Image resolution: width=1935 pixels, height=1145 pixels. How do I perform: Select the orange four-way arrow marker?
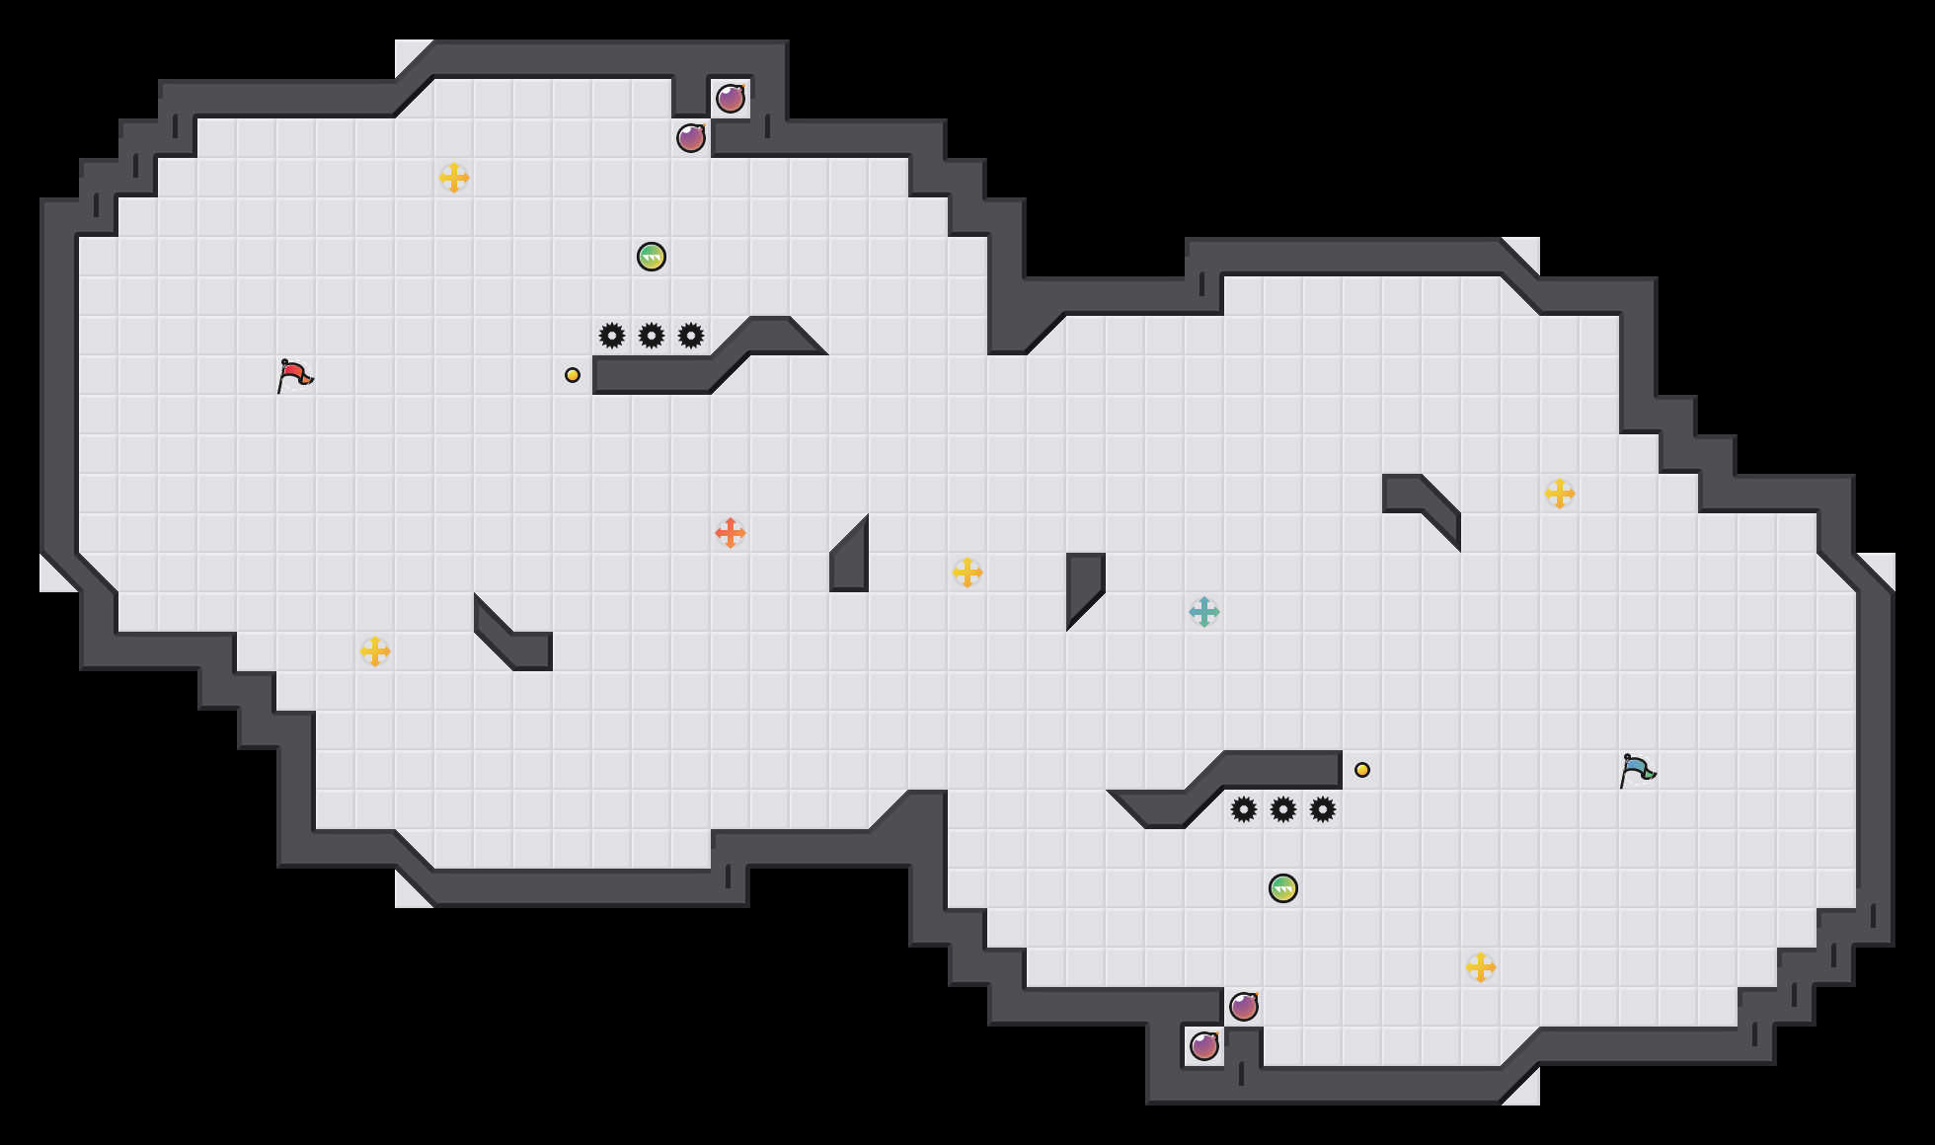[x=731, y=533]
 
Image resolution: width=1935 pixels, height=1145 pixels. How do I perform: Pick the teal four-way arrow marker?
[x=1204, y=612]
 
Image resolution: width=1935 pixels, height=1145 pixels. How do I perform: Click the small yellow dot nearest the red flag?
[x=573, y=375]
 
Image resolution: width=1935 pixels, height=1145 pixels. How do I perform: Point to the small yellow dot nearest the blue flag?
[x=1362, y=770]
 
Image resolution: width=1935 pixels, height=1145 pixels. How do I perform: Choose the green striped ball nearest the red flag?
[x=652, y=257]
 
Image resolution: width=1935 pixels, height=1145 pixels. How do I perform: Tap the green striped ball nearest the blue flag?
[x=1283, y=888]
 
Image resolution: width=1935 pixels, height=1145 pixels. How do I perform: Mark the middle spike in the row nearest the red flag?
[x=652, y=336]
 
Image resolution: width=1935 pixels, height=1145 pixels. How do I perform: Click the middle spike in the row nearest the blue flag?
[x=1283, y=809]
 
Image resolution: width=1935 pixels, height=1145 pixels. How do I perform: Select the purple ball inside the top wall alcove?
[x=731, y=99]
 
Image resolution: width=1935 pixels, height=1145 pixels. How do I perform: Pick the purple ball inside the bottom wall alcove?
[x=1204, y=1046]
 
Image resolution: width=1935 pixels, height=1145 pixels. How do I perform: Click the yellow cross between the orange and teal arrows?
[x=967, y=572]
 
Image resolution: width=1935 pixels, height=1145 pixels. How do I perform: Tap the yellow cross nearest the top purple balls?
[x=454, y=178]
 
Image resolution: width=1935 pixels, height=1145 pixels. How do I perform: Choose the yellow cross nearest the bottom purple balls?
[x=1481, y=967]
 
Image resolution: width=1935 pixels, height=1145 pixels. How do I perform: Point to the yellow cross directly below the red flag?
[x=375, y=651]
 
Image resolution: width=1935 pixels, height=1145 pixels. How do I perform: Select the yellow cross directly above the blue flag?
[x=1560, y=494]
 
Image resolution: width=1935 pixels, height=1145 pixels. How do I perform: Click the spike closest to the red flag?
[x=612, y=336]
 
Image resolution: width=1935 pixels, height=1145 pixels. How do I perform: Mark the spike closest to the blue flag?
[x=1323, y=809]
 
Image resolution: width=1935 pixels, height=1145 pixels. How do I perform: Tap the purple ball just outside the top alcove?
[x=691, y=138]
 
